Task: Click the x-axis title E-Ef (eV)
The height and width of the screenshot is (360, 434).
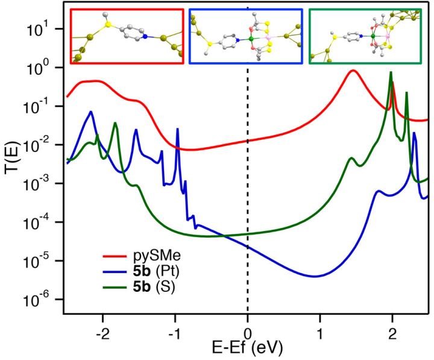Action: tap(247, 347)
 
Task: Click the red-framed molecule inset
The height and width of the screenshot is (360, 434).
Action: tap(127, 36)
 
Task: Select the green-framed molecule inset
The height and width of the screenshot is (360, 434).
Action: tap(365, 36)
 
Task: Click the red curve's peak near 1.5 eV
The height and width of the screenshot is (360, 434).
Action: tap(353, 71)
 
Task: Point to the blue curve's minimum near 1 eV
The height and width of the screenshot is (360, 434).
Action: tap(314, 276)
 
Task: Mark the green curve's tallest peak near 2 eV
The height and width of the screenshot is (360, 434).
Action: tap(391, 72)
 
